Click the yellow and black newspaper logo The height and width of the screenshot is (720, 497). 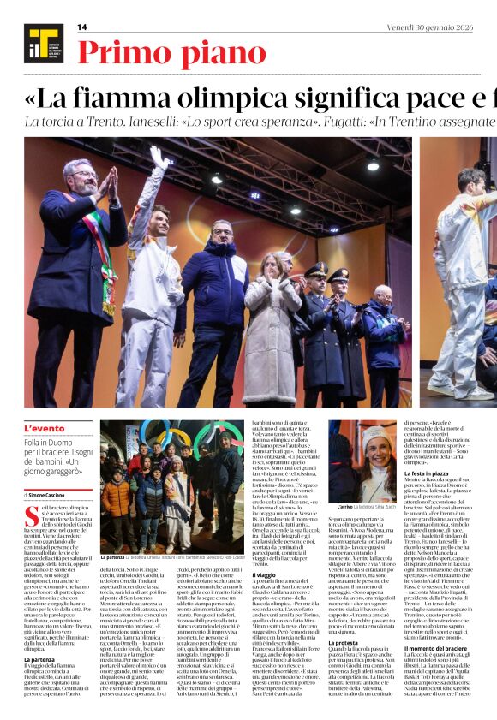tap(39, 44)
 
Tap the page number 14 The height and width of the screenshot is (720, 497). tap(82, 27)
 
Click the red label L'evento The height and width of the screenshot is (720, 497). tap(44, 428)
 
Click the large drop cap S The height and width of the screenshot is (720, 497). tap(30, 515)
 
